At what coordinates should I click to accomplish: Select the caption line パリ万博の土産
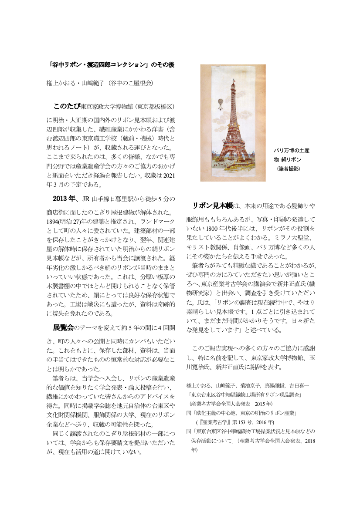click(292, 151)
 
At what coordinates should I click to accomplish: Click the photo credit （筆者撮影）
click(289, 168)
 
